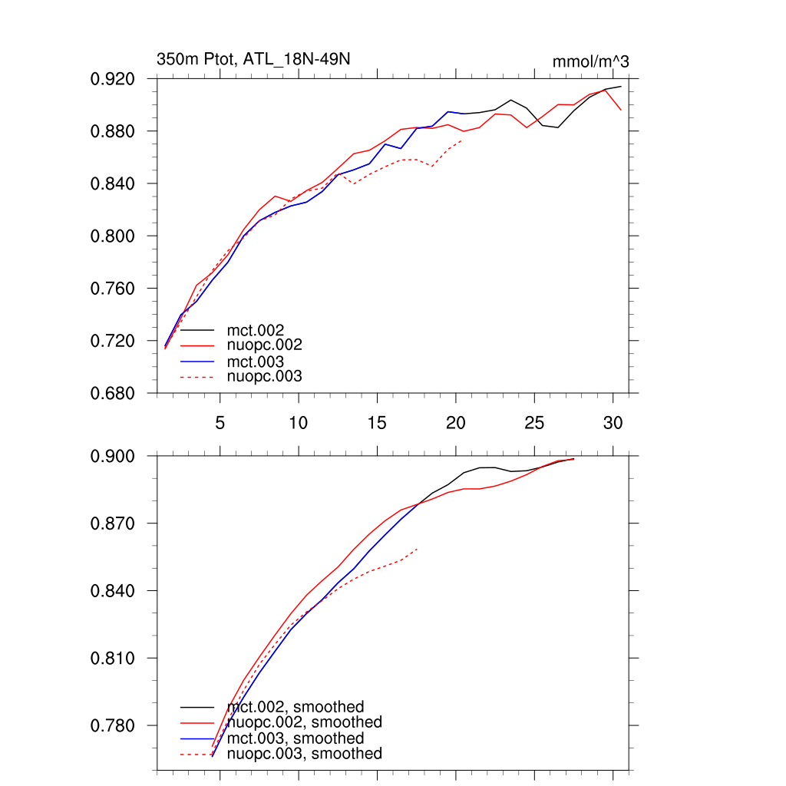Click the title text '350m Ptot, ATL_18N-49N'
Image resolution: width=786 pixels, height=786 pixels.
[254, 59]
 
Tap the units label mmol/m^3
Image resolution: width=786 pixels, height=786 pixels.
[590, 61]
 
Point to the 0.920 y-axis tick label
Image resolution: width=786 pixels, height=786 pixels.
[114, 79]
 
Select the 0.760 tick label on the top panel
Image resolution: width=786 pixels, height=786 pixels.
[114, 289]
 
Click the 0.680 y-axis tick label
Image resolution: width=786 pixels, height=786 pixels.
[114, 393]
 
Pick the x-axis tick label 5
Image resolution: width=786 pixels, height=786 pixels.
[220, 423]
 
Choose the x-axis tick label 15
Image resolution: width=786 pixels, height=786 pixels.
[377, 423]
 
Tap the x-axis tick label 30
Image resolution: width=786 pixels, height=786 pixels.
[613, 423]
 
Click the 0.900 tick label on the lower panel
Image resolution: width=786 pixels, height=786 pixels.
[114, 456]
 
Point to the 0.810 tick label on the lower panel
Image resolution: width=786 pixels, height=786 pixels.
[114, 659]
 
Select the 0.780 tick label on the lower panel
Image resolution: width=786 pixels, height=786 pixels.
[114, 725]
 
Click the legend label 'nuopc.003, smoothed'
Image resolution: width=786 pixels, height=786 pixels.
[305, 754]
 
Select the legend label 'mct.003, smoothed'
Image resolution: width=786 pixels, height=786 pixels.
[296, 738]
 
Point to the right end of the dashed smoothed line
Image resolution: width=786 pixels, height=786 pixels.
[417, 549]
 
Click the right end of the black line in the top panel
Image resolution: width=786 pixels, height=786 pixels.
[621, 87]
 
